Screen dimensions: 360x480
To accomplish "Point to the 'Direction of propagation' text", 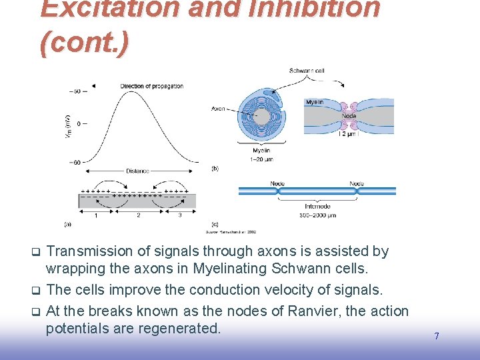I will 151,86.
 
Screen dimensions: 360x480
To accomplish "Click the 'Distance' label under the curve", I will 138,171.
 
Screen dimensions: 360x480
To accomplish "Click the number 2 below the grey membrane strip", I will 138,215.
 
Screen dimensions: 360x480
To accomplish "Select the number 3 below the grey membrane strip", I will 179,215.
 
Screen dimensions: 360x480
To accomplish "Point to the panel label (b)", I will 215,169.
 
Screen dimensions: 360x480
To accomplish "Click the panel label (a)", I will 67,224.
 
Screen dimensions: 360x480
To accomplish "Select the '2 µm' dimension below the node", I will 349,134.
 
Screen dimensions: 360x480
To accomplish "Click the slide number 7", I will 437,336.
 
